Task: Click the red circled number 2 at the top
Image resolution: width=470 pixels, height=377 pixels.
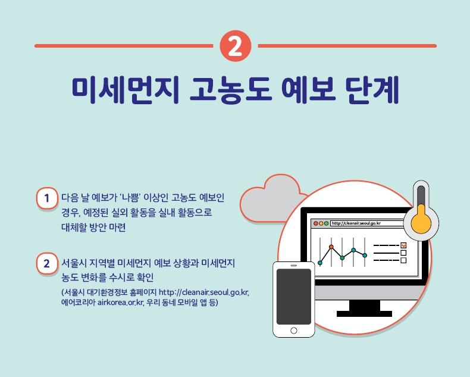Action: [x=236, y=46]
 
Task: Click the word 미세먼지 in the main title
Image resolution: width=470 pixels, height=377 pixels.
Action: [x=126, y=90]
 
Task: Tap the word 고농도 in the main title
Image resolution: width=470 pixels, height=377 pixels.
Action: [x=231, y=90]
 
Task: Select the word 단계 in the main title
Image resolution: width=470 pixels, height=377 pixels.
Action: [x=372, y=90]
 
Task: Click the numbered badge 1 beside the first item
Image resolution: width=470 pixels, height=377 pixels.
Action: [x=47, y=198]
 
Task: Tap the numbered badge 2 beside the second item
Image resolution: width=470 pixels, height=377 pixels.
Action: [x=47, y=263]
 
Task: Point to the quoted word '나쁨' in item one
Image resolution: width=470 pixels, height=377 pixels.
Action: [x=130, y=198]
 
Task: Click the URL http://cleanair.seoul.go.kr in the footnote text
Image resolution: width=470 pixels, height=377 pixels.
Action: [x=204, y=292]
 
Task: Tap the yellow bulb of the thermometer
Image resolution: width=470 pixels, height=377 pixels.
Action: [x=421, y=223]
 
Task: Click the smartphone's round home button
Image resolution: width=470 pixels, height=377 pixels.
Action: [x=294, y=331]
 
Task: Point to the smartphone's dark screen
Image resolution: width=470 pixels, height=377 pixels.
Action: [x=294, y=297]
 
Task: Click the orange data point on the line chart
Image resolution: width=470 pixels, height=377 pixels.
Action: [x=331, y=247]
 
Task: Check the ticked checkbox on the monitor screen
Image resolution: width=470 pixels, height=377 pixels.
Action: [x=403, y=245]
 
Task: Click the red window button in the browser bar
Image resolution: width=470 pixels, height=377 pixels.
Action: [x=316, y=223]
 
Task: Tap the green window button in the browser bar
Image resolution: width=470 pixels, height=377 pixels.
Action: [x=326, y=223]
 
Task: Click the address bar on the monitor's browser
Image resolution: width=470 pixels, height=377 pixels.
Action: [x=368, y=223]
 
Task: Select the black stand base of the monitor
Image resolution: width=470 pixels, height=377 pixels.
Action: [x=364, y=314]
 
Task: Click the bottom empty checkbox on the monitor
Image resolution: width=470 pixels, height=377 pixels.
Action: [x=403, y=260]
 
